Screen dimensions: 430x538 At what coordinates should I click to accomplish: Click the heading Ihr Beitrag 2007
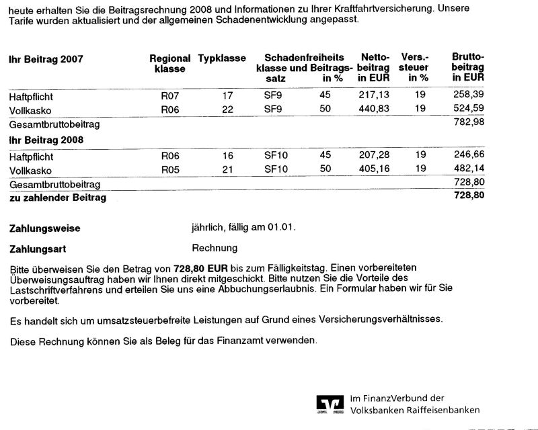46,59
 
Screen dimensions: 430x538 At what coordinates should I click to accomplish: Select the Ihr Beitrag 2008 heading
46,140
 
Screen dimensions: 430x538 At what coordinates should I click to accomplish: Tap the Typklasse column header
222,58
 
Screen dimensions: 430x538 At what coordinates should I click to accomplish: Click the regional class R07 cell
170,95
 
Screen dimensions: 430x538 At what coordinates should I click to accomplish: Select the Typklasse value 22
227,108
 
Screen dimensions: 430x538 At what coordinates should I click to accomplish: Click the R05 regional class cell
170,169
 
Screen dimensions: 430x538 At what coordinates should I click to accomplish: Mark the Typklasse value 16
227,155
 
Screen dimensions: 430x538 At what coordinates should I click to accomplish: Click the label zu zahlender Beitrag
57,198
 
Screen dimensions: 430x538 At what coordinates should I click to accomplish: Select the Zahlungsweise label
44,228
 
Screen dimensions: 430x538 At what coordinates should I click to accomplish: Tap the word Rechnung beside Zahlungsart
215,248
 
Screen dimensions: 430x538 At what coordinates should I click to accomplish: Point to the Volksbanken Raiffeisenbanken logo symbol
330,404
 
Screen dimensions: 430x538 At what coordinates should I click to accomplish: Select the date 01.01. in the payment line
280,228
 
